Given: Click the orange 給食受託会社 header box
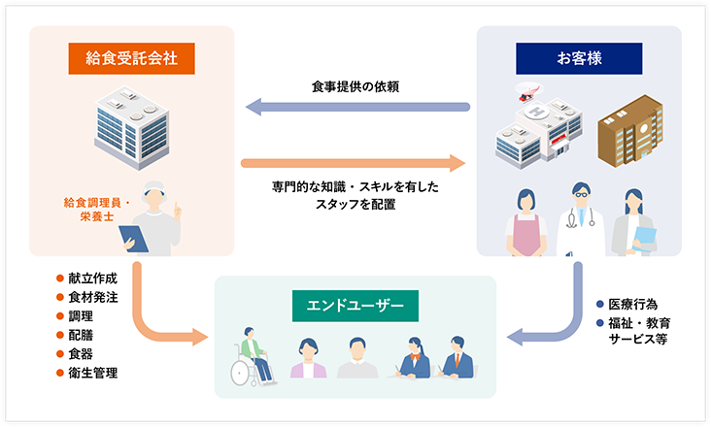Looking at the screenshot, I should click(x=131, y=58).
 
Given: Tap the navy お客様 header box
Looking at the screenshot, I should click(x=579, y=58).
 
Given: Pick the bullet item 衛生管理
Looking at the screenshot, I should click(x=91, y=372).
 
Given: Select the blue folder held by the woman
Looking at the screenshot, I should click(x=644, y=239).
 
